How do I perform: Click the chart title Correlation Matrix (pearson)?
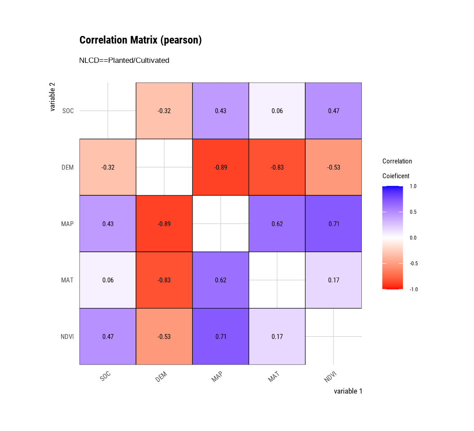(x=140, y=40)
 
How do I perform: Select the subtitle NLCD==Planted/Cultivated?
(x=124, y=60)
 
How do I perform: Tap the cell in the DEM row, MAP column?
(x=220, y=167)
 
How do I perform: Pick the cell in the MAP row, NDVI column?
(x=334, y=224)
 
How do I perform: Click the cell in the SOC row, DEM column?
(x=164, y=111)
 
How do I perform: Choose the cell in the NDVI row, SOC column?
(x=108, y=336)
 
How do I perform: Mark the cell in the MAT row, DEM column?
(x=164, y=280)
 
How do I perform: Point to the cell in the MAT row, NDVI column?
(x=334, y=280)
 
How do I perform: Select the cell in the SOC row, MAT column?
(x=277, y=111)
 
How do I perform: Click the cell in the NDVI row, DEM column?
(x=164, y=336)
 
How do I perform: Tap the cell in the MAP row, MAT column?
(x=277, y=224)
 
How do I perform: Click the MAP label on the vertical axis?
(x=67, y=224)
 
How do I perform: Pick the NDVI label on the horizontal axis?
(x=330, y=377)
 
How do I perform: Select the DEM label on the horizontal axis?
(x=162, y=377)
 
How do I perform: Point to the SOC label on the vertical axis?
(x=69, y=111)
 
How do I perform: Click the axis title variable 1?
(x=348, y=391)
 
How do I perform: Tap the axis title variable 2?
(x=53, y=97)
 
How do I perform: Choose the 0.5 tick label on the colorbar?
(x=413, y=212)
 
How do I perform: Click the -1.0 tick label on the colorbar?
(x=413, y=290)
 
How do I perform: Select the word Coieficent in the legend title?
(x=396, y=176)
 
